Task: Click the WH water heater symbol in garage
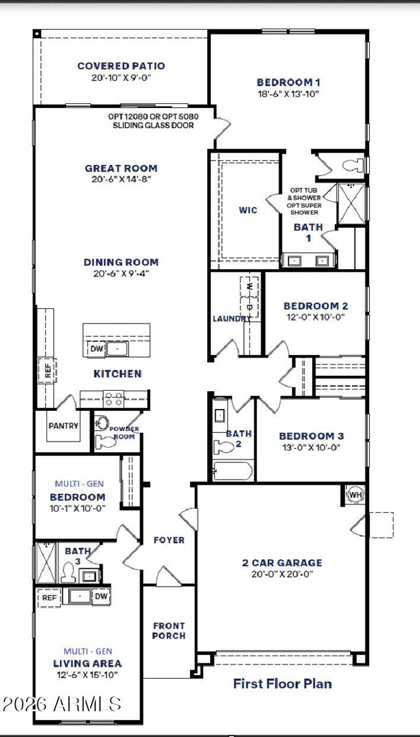[x=355, y=494]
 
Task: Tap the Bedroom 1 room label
[x=288, y=82]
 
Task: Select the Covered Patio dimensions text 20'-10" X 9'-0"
[x=121, y=77]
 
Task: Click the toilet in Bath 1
[x=352, y=165]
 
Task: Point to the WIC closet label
[x=248, y=210]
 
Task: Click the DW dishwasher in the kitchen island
[x=96, y=349]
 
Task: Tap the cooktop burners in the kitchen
[x=114, y=399]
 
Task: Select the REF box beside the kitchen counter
[x=48, y=370]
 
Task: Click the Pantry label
[x=63, y=426]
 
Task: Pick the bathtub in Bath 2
[x=233, y=471]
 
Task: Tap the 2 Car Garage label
[x=282, y=563]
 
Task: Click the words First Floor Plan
[x=282, y=683]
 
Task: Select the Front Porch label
[x=169, y=631]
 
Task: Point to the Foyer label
[x=169, y=540]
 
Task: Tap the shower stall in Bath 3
[x=46, y=562]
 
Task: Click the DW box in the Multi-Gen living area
[x=101, y=596]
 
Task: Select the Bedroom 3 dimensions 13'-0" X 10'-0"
[x=311, y=447]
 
